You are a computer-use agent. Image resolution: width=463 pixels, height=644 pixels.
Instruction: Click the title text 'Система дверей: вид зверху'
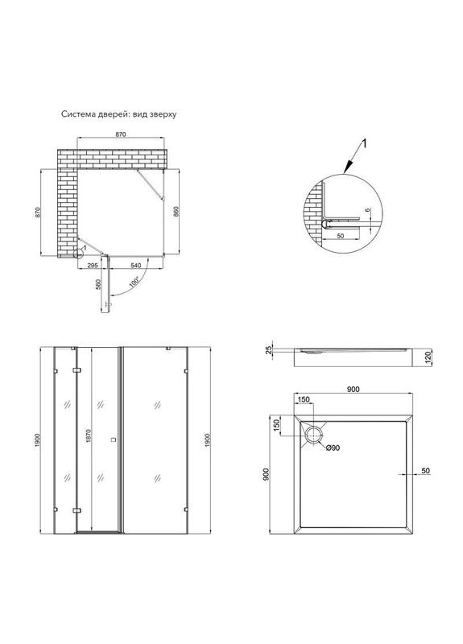point(118,114)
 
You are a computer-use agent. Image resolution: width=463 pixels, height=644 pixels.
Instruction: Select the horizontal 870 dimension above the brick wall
point(120,134)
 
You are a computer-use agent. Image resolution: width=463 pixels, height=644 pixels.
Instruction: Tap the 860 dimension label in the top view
point(176,212)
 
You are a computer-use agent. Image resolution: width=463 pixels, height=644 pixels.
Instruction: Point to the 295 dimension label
point(93,266)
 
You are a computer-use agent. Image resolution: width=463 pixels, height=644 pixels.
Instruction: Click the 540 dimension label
point(136,266)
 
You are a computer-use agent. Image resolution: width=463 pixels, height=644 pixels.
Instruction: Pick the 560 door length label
point(98,284)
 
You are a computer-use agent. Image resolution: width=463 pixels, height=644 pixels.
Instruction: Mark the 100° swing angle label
point(134,283)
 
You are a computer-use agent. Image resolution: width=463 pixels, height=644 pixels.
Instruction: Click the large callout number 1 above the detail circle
point(363,144)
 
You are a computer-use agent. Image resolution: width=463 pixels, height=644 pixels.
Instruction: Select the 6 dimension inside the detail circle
point(368,210)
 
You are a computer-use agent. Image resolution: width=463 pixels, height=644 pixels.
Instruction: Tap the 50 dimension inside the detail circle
point(341,236)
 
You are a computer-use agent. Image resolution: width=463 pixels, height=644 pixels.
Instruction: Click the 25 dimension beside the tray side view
point(269,350)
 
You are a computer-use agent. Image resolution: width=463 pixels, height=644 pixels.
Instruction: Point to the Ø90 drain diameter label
point(333,448)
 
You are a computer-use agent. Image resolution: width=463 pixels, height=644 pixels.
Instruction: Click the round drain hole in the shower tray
point(314,435)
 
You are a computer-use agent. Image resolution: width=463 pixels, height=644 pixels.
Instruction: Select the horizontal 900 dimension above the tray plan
point(353,390)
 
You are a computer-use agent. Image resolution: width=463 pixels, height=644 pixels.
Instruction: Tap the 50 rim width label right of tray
point(426,471)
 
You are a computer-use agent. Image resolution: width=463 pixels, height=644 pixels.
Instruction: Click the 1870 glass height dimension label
point(89,436)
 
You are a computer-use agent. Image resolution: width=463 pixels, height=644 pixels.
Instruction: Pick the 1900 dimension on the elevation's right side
point(208,440)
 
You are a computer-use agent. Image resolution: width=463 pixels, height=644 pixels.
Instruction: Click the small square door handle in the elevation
point(114,440)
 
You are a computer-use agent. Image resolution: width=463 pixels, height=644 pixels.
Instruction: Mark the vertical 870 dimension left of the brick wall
point(38,212)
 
